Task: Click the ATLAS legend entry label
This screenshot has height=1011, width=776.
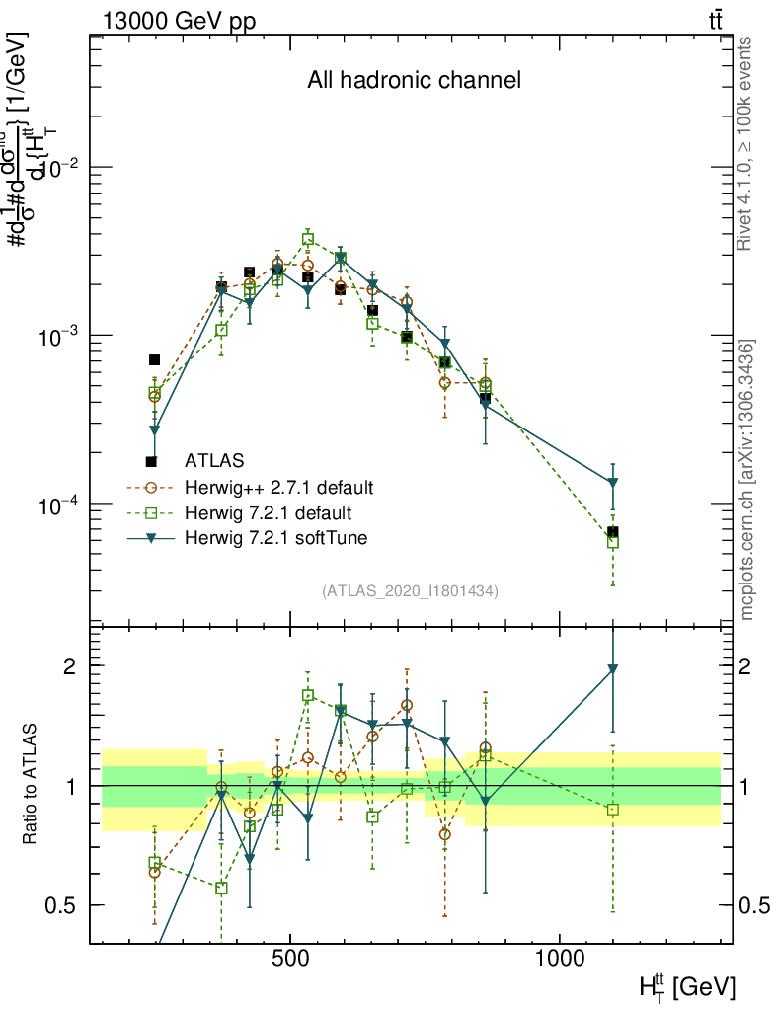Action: pyautogui.click(x=214, y=460)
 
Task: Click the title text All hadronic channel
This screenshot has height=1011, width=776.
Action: pyautogui.click(x=414, y=80)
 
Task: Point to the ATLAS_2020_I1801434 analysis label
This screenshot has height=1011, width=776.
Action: pyautogui.click(x=410, y=591)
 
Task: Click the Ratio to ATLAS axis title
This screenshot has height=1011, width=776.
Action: pyautogui.click(x=32, y=785)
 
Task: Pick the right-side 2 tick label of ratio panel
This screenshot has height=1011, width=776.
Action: pyautogui.click(x=746, y=666)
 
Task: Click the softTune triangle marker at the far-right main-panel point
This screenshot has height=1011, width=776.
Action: pyautogui.click(x=613, y=483)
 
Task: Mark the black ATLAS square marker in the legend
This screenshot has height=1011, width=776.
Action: pyautogui.click(x=151, y=461)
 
